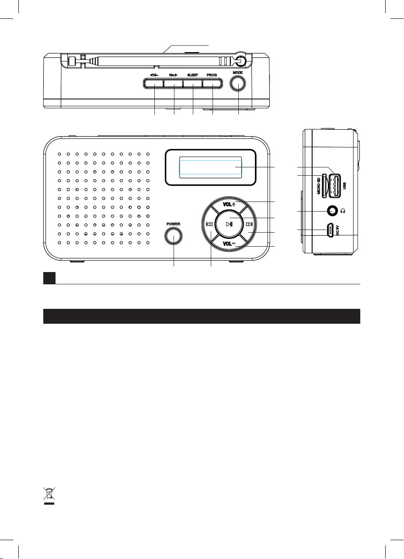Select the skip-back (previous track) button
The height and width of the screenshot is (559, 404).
click(210, 224)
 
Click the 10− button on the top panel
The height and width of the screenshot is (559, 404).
click(154, 83)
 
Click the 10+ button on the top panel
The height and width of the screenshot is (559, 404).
click(174, 83)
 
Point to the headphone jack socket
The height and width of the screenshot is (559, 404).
click(333, 211)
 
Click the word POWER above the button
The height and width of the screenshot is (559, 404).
click(174, 224)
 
